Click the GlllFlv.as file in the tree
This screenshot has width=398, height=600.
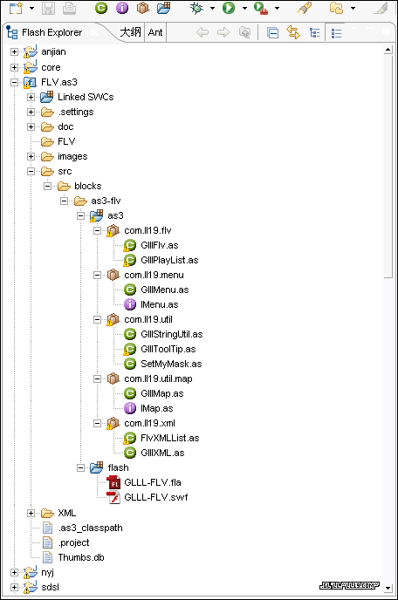[160, 245]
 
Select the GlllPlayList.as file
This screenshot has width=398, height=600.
[169, 260]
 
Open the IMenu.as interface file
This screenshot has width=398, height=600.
[160, 304]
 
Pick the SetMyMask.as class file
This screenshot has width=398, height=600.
[171, 364]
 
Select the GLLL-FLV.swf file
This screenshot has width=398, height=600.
[156, 497]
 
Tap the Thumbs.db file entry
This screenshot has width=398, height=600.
[81, 557]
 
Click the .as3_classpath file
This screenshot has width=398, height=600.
[90, 528]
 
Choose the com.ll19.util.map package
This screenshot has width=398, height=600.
[158, 378]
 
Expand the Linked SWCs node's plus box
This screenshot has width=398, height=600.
[31, 97]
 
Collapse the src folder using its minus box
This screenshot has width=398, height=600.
[31, 172]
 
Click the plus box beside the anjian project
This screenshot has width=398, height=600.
[14, 52]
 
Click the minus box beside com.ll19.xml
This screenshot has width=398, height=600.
[97, 423]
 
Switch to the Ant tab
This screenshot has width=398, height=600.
[155, 32]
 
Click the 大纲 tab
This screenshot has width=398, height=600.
[130, 32]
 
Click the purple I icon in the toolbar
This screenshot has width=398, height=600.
[122, 8]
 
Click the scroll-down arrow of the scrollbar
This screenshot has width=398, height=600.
[388, 588]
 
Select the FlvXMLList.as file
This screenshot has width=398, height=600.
[169, 438]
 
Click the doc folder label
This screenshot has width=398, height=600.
[65, 127]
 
